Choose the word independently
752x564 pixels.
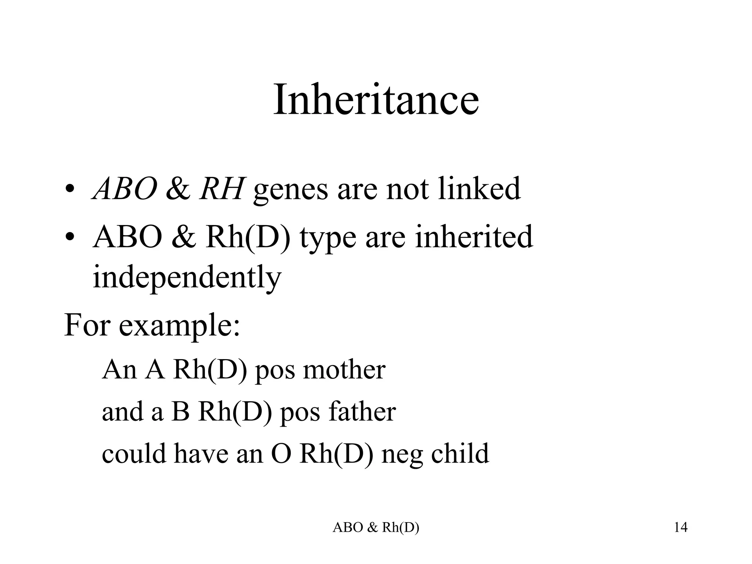(187, 278)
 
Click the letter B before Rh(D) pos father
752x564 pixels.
(181, 412)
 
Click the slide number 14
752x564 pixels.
(680, 528)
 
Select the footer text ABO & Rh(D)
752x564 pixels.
(376, 528)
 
